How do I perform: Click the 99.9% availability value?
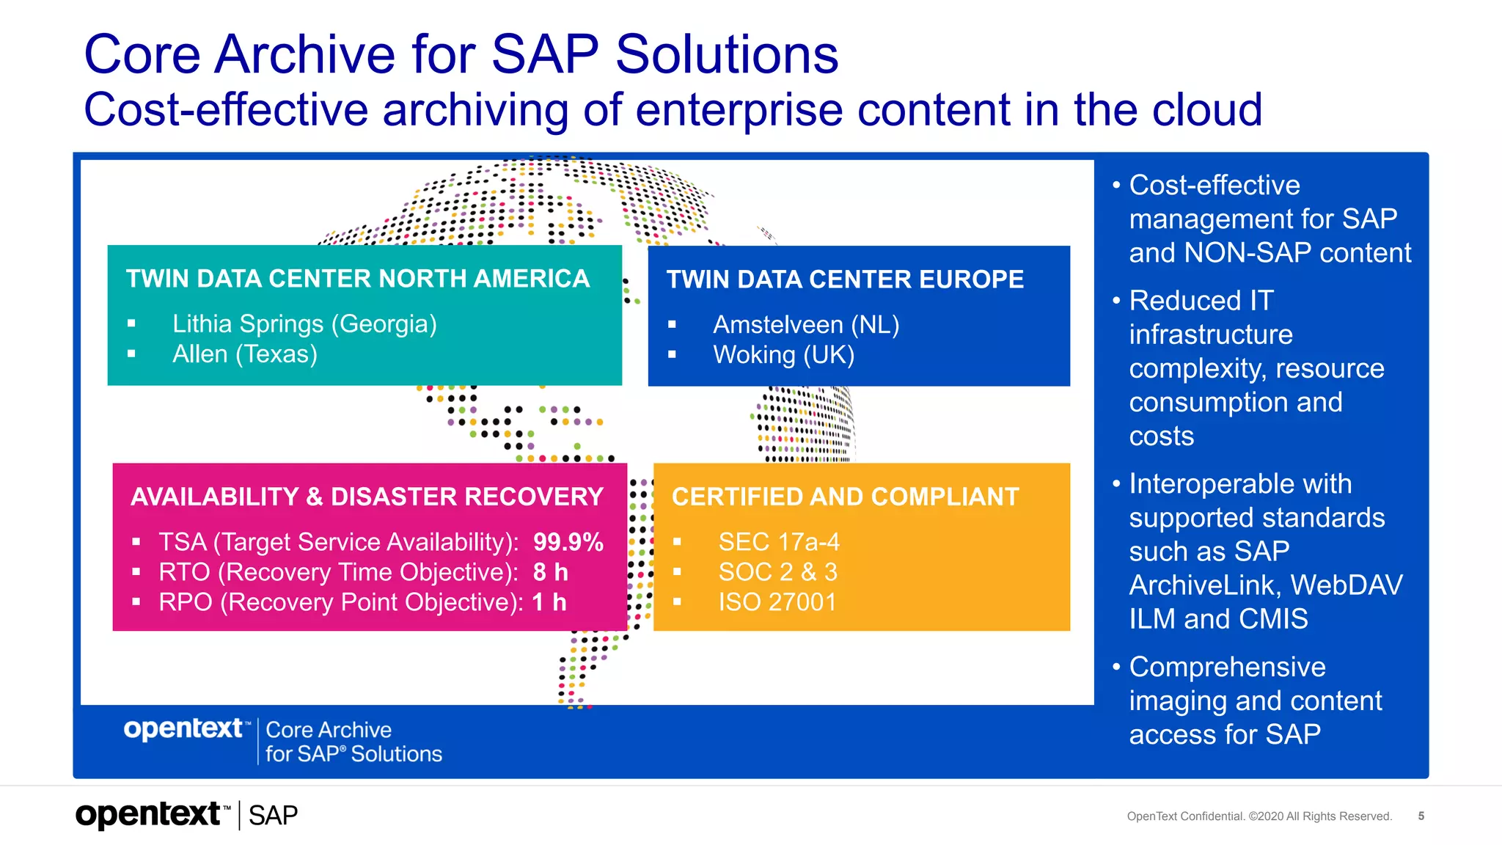[568, 542]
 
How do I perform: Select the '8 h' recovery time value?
[551, 572]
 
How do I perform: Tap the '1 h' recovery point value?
[549, 602]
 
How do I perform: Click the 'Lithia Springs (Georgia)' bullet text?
[304, 324]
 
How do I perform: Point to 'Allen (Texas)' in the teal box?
[245, 354]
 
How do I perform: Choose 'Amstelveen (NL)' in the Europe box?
[806, 325]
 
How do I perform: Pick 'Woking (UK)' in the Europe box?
[784, 355]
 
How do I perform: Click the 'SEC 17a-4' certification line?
[779, 542]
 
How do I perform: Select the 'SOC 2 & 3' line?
[777, 572]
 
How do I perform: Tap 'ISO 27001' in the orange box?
[777, 602]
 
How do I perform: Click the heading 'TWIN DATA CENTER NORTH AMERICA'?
[358, 279]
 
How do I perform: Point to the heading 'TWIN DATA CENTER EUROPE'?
[845, 279]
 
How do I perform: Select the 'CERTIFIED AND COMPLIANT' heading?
[846, 497]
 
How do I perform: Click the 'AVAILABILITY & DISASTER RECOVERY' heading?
[367, 497]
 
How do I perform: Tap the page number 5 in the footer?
[1421, 816]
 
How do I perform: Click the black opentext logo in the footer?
[153, 815]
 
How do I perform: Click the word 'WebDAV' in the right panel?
[1347, 585]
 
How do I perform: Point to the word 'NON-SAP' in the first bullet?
[1248, 253]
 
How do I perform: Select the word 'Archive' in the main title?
[304, 54]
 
